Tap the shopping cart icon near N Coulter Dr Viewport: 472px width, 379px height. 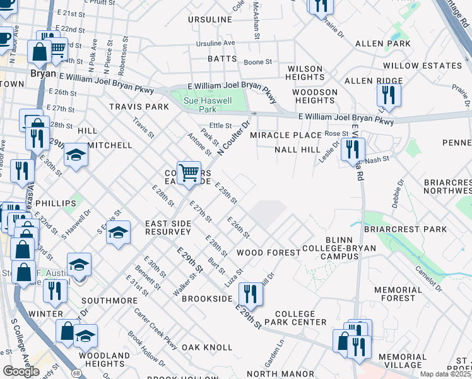point(189,172)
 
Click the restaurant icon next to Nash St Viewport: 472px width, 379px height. point(352,150)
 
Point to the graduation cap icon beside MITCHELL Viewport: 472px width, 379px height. point(75,156)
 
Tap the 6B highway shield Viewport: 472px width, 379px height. point(76,356)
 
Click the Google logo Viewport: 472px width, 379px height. point(21,371)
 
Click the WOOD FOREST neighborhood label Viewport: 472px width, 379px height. point(268,253)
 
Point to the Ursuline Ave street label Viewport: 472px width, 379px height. point(215,43)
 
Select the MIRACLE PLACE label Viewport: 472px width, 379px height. point(285,135)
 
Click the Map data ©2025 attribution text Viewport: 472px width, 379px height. point(445,374)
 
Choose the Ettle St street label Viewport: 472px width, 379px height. point(221,126)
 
